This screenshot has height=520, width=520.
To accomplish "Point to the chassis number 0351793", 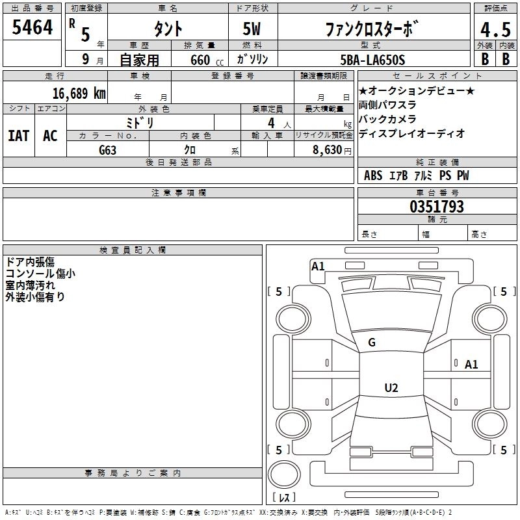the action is (x=437, y=207).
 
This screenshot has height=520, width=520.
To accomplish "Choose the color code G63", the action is (x=108, y=149).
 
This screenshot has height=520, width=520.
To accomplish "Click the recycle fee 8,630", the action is (x=322, y=149).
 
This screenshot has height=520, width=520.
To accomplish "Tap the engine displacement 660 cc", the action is (x=198, y=60).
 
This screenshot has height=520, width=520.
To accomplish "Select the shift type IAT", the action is (x=18, y=135).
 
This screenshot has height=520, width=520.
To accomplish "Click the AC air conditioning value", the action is (x=50, y=135).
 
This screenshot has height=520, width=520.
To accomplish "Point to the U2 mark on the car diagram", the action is (x=391, y=388).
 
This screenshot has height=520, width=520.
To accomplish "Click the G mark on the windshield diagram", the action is (x=372, y=343).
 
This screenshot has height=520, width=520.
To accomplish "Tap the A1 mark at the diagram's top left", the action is (x=318, y=266).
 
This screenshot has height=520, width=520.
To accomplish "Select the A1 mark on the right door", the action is (x=471, y=365).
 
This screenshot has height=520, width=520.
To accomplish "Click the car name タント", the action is (x=167, y=29).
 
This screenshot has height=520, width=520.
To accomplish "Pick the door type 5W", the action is (x=253, y=29).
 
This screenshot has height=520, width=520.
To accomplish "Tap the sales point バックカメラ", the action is (x=387, y=119).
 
